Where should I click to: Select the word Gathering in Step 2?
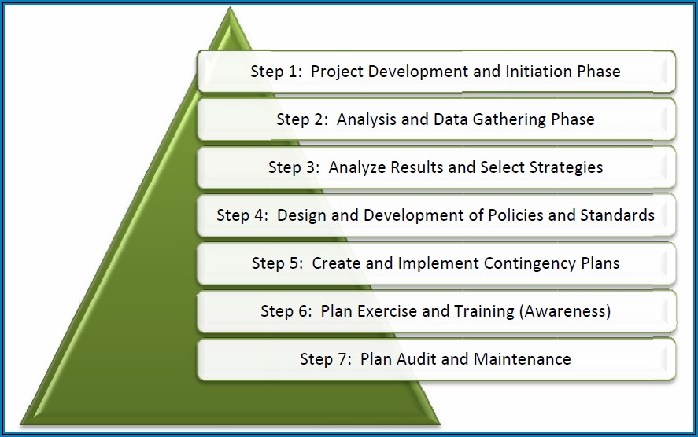pos(509,120)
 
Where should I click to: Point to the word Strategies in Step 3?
pos(566,167)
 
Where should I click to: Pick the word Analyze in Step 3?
pos(357,167)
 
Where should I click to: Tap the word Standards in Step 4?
pos(618,215)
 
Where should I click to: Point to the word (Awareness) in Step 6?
pos(565,311)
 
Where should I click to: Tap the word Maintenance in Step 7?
pos(522,359)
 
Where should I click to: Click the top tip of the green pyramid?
pos(230,6)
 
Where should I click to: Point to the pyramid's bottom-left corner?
pos(20,424)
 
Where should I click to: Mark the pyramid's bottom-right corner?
pos(440,424)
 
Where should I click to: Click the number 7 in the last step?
pos(343,359)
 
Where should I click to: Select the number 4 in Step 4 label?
pos(260,215)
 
